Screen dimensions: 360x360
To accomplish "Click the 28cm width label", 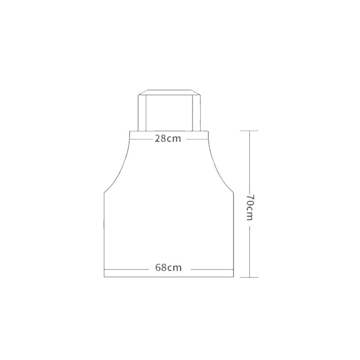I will point(168,139).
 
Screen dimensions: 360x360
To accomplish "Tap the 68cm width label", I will point(168,268).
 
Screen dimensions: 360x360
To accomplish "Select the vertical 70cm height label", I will point(250,207).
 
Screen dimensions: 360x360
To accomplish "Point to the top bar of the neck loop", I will point(169,93).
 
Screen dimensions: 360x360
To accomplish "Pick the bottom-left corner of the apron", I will point(104,277).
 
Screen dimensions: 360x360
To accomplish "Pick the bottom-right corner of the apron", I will point(234,277).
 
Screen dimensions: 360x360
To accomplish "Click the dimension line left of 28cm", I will point(140,139).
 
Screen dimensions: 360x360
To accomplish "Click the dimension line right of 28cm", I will point(196,139).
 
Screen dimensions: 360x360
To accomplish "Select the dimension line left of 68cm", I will point(126,268).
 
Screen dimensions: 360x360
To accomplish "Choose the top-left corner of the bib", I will point(130,131).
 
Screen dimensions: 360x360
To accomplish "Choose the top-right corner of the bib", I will point(207,131).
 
